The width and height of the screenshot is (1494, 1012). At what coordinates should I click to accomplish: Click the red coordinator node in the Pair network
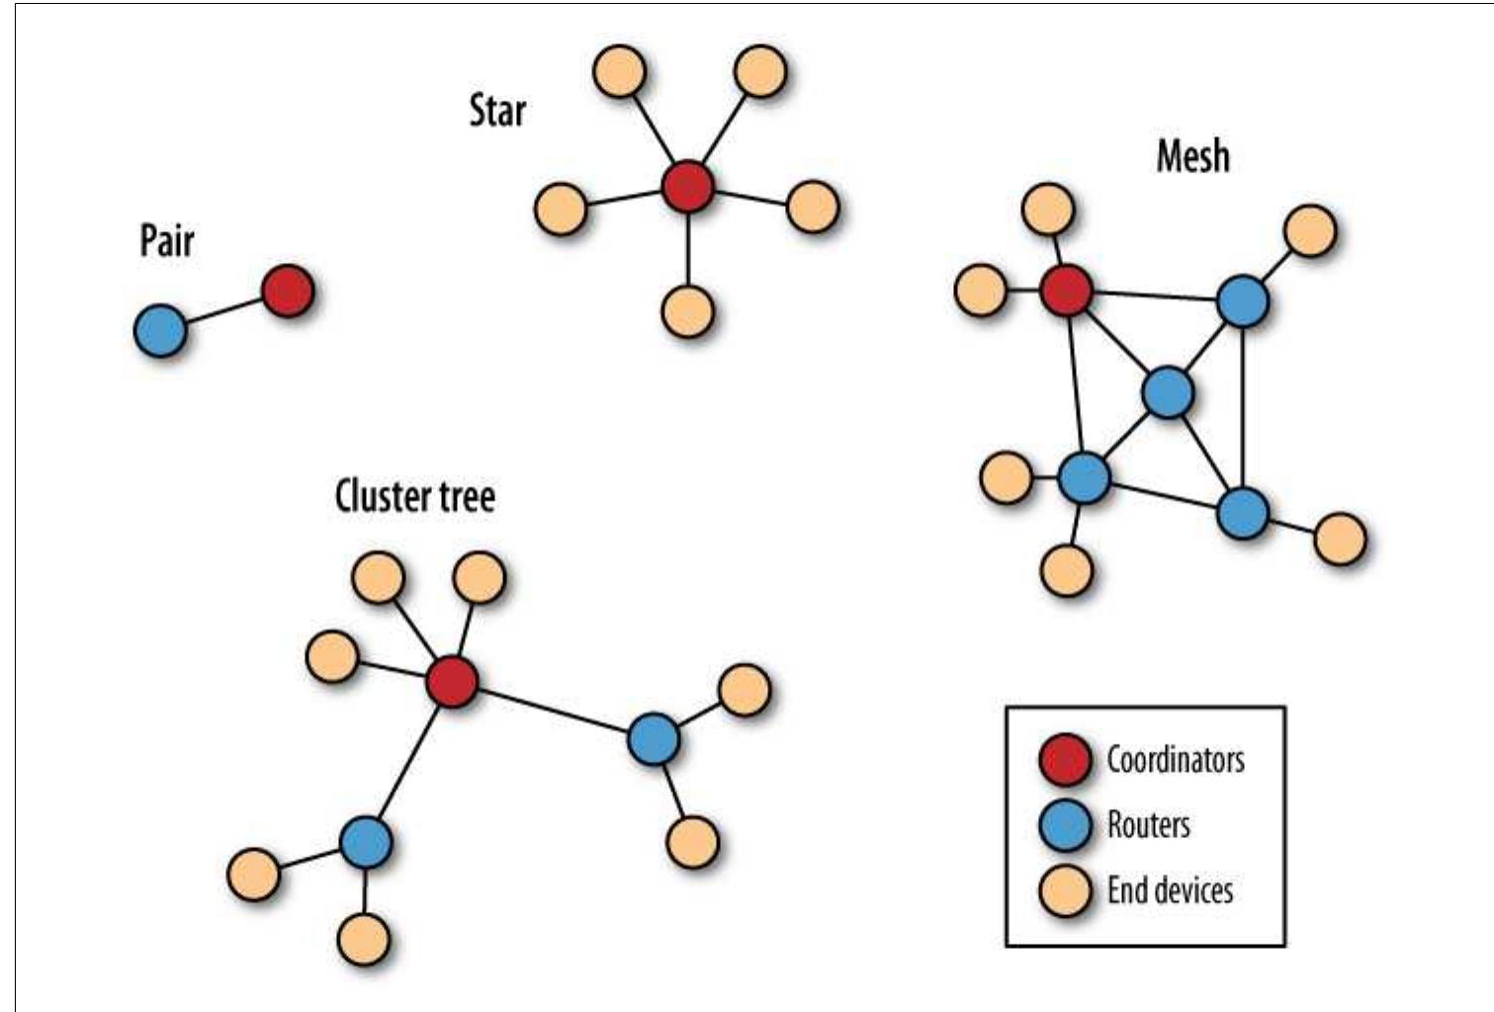pos(288,292)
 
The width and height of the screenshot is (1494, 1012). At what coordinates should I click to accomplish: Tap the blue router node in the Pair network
pos(160,330)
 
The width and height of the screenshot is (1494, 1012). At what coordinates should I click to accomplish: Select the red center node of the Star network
pos(687,187)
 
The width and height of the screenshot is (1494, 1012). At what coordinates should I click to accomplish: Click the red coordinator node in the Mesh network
pos(1067,292)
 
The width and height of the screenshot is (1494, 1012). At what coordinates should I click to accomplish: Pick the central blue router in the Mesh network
pos(1168,392)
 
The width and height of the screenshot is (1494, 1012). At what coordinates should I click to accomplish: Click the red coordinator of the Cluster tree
pos(452,681)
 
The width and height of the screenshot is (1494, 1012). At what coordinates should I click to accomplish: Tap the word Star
pos(497,110)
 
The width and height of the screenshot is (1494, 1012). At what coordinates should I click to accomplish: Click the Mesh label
pos(1192,156)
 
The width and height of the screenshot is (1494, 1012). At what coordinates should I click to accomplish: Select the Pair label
pos(166,241)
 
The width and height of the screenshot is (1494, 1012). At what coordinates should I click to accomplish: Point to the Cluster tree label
pos(414,495)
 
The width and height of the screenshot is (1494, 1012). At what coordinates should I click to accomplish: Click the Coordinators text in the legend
pos(1175,759)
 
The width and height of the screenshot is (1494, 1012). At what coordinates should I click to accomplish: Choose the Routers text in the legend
pos(1148,824)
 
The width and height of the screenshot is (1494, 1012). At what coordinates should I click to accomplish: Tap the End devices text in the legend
pos(1170,889)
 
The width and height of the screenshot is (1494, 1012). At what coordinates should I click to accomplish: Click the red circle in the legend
pos(1065,760)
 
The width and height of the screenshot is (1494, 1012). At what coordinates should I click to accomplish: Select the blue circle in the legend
pos(1065,824)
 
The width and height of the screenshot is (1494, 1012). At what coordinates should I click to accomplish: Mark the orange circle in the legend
pos(1065,889)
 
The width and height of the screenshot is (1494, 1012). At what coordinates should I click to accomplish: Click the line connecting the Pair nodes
pos(224,311)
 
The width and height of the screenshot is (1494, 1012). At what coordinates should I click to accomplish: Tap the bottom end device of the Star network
pos(687,311)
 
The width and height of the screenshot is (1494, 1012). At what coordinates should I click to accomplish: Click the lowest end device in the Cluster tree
pos(364,938)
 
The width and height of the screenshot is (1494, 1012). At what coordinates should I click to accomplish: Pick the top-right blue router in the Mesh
pos(1242,301)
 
